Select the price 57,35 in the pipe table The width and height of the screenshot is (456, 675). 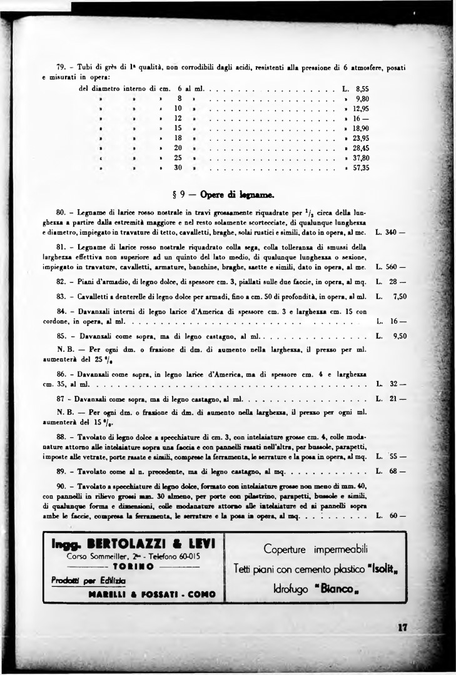click(361, 168)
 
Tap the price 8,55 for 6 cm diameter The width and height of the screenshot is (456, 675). click(363, 88)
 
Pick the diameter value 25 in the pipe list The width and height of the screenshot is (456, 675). click(178, 158)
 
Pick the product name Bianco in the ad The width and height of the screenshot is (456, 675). click(337, 589)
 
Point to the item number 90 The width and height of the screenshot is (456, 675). click(61, 487)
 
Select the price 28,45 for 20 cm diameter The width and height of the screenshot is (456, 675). click(361, 148)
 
